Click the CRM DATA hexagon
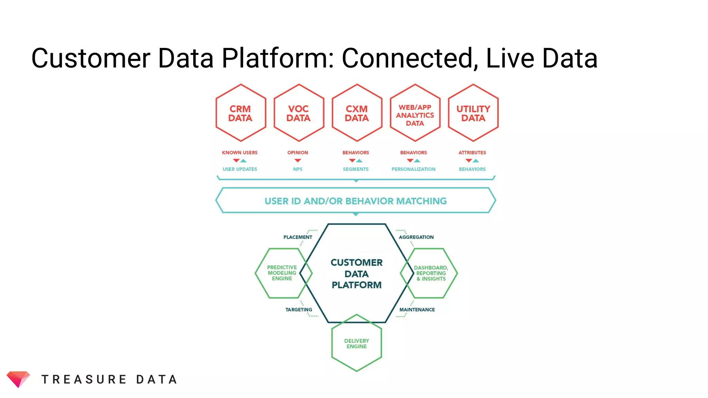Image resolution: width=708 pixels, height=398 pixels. (241, 113)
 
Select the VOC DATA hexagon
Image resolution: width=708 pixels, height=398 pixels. (299, 113)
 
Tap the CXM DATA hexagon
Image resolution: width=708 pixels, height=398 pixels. (357, 113)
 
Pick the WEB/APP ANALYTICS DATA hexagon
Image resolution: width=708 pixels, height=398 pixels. (415, 115)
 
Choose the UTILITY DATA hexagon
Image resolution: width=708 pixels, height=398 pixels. (473, 113)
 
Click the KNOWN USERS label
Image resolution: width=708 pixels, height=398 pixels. (240, 152)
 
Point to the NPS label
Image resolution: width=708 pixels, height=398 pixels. (298, 169)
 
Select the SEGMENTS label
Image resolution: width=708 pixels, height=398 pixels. (356, 169)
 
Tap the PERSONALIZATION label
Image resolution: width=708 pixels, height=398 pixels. (413, 169)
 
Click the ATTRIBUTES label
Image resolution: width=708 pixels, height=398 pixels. (472, 152)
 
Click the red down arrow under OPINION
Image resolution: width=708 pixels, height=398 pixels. (298, 160)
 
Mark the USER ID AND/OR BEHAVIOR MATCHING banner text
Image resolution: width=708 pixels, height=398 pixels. (355, 201)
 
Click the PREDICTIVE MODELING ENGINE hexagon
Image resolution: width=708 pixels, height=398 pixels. (282, 273)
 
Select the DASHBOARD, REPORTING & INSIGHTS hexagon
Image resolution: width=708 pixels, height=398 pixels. (431, 273)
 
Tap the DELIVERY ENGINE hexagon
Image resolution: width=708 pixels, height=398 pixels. (356, 343)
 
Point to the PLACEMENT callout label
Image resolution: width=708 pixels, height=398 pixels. (298, 237)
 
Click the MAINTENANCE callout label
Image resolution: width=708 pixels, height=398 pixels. (417, 310)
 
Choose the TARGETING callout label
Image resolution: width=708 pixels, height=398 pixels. (299, 310)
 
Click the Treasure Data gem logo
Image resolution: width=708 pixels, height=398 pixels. (18, 379)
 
